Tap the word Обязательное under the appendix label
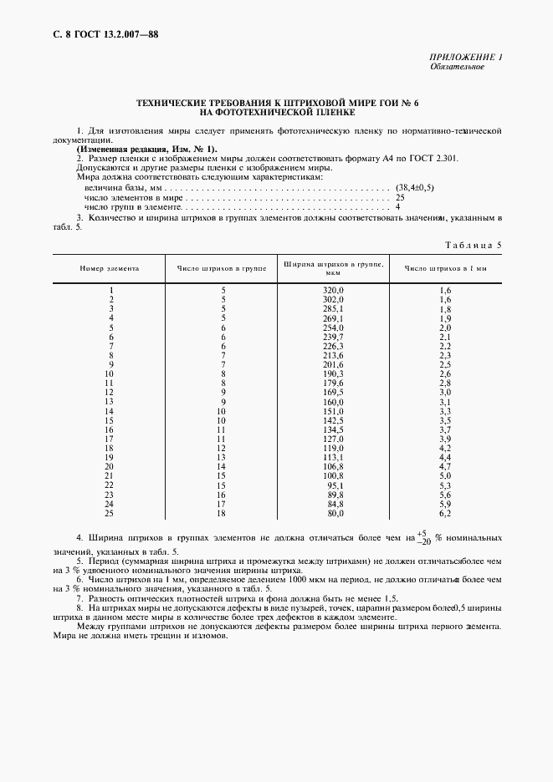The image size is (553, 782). click(457, 66)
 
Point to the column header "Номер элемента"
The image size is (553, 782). click(110, 269)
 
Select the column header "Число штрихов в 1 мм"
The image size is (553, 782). click(444, 269)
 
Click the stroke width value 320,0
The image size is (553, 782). click(333, 290)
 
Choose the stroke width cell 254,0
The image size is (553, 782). click(333, 328)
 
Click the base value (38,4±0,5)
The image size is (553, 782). click(415, 189)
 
